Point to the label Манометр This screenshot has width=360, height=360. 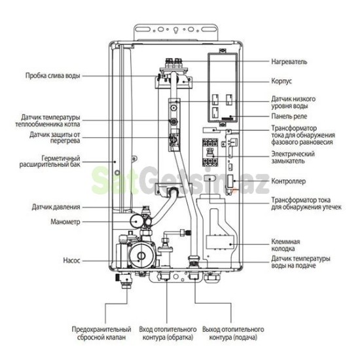(x=64, y=222)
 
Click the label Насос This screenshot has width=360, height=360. (x=72, y=261)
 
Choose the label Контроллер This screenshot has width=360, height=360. (x=289, y=180)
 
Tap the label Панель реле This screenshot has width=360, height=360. (x=289, y=117)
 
